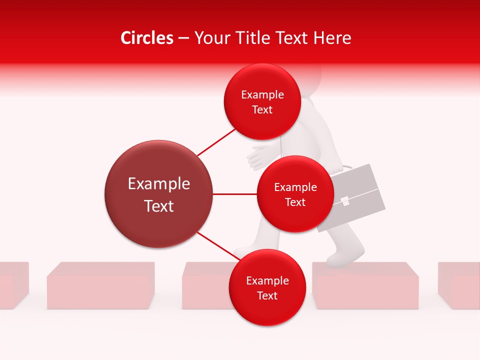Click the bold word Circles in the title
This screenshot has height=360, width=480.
coord(147,38)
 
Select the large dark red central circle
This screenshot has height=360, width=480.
coord(158,194)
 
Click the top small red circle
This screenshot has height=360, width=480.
coord(262,102)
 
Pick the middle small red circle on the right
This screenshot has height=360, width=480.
coord(295,194)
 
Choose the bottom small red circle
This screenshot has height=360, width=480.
coord(267,287)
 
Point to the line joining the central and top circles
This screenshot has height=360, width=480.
coord(216,142)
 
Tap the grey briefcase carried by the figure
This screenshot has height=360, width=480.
coord(360,190)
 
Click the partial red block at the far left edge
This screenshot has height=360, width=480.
coord(12,285)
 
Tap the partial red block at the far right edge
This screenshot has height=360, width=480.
coord(459,285)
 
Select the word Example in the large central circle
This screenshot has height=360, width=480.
coord(158,184)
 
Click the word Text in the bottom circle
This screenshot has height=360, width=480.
coord(267,295)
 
